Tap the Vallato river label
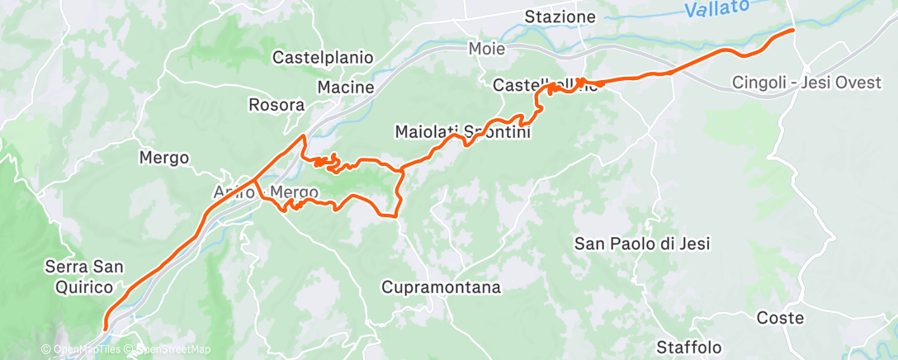[716, 9]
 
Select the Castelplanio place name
[323, 58]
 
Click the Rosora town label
[276, 105]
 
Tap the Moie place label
[485, 48]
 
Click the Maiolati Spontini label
[462, 131]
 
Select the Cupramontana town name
[441, 287]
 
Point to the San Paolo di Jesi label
[642, 243]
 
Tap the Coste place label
[780, 318]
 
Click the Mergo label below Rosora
[163, 157]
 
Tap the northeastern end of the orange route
[793, 30]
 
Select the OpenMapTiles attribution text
[85, 350]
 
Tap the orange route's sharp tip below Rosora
[305, 135]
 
